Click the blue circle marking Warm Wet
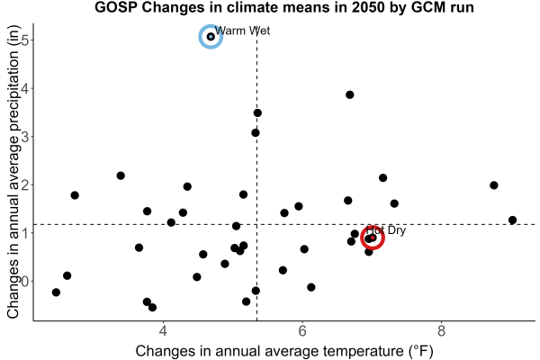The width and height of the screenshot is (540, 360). click(x=211, y=26)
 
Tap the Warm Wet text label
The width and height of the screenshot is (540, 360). click(x=242, y=31)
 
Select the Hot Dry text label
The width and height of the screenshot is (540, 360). click(x=386, y=230)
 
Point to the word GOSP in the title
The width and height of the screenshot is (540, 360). click(x=116, y=7)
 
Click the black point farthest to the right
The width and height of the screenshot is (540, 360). click(x=512, y=220)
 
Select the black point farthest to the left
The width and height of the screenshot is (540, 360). click(x=56, y=292)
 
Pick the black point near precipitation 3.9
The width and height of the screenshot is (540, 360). click(x=350, y=94)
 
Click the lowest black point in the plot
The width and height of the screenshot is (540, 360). click(x=152, y=307)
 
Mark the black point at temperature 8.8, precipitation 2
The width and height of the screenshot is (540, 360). click(x=494, y=185)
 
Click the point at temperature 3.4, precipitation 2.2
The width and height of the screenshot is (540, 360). click(x=121, y=175)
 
